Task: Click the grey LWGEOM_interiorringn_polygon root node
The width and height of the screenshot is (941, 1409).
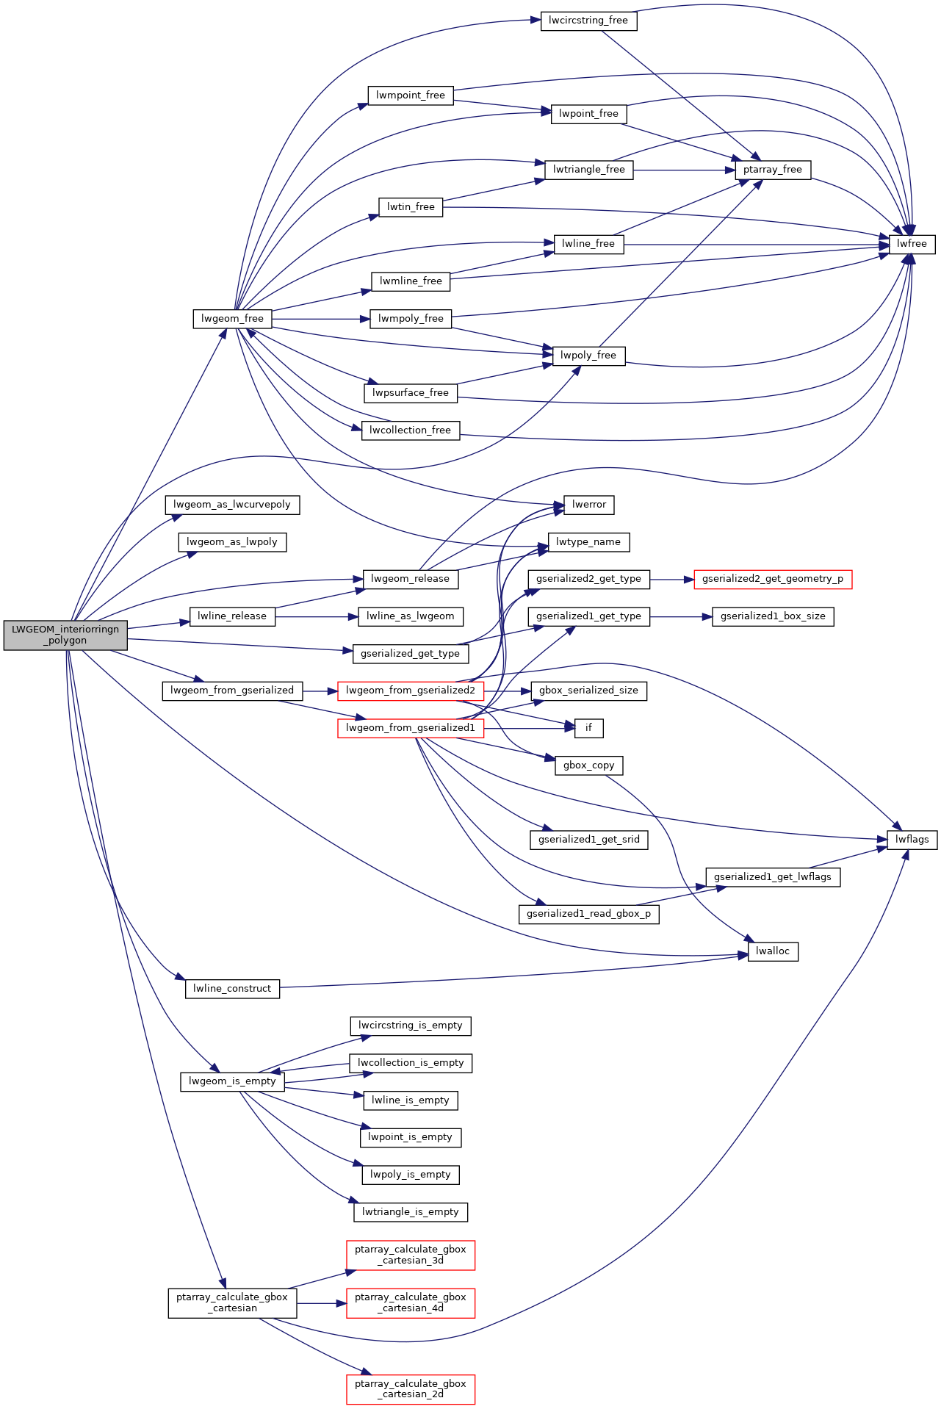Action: (x=65, y=635)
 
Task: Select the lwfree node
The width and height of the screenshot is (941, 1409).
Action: (x=912, y=244)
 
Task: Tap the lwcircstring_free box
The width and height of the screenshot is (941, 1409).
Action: (x=588, y=21)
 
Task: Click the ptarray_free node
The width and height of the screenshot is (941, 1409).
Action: (x=773, y=170)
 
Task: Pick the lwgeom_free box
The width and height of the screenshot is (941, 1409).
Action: (x=232, y=319)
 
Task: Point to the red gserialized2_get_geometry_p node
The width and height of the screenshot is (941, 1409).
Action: (x=773, y=579)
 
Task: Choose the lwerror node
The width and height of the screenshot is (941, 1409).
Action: (x=589, y=505)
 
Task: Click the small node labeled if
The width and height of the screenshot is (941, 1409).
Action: (x=588, y=728)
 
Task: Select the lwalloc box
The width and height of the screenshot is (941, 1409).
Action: (x=773, y=951)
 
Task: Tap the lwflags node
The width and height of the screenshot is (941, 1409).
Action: (x=912, y=840)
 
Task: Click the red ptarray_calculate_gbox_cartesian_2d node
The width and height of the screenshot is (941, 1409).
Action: (x=411, y=1388)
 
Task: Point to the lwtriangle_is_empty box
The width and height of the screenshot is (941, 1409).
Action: (x=411, y=1212)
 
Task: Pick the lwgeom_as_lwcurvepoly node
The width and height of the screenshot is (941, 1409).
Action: (x=232, y=505)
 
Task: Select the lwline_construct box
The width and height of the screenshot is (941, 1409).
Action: (x=232, y=989)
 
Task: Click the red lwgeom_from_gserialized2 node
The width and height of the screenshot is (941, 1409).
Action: (x=411, y=691)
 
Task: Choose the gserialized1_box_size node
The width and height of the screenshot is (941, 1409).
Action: (x=773, y=616)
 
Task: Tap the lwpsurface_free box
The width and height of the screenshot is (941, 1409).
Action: (x=411, y=393)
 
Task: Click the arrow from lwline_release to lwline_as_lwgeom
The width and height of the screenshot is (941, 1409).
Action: (x=316, y=616)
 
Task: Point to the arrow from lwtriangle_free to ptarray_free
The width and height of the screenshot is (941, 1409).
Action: (x=683, y=170)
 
